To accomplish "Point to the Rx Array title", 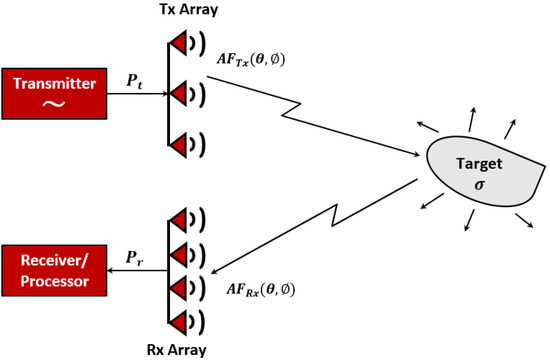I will click(188, 349).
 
